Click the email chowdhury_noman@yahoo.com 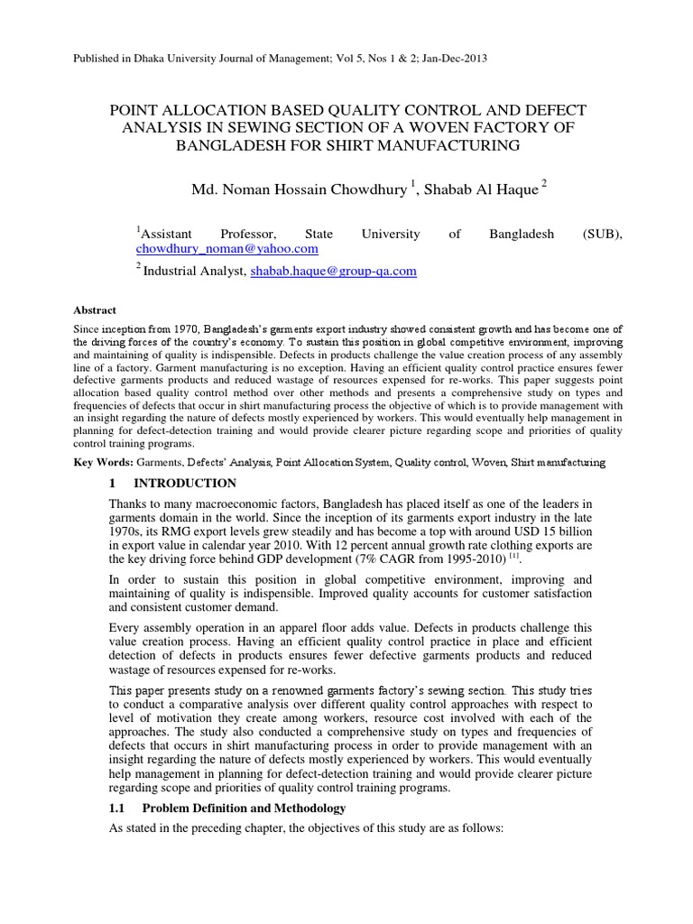[x=227, y=248]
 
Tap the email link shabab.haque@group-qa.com [x=334, y=271]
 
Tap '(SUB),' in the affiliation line [x=603, y=234]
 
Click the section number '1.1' [x=117, y=808]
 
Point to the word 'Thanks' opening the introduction [x=128, y=504]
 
